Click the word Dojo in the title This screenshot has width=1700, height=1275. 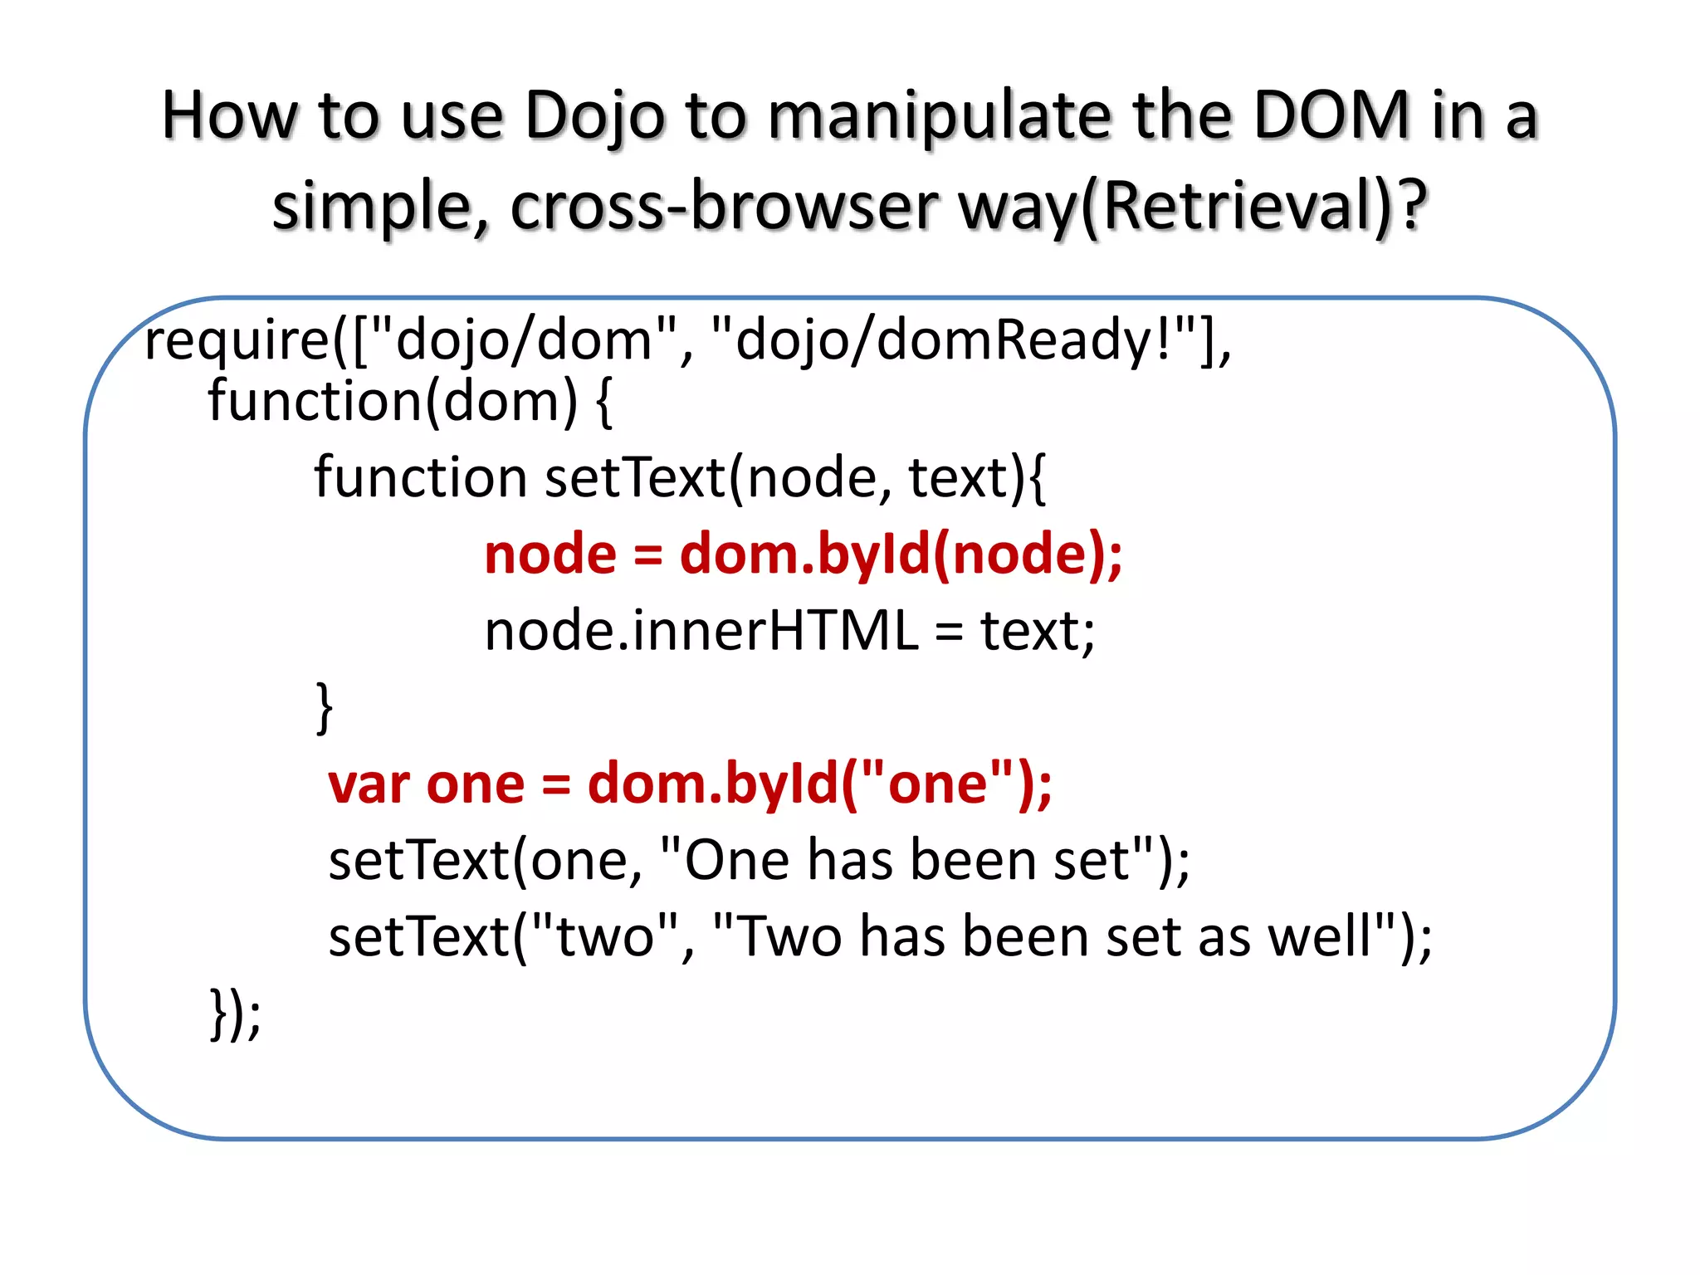(594, 116)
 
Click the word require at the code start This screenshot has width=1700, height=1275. (237, 341)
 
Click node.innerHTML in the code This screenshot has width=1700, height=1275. (701, 631)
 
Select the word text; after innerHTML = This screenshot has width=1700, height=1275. (1038, 631)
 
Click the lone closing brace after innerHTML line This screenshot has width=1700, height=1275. (325, 707)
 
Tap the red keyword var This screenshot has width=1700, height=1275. (369, 785)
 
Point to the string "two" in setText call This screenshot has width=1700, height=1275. (605, 936)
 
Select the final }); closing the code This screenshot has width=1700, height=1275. (235, 1014)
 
